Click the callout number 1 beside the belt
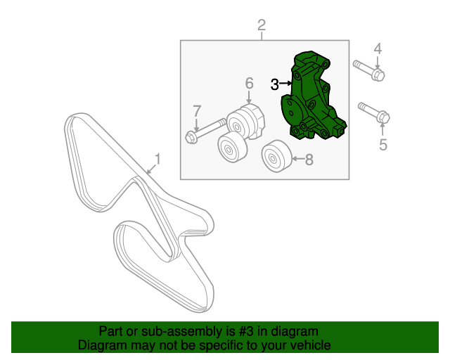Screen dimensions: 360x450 157,160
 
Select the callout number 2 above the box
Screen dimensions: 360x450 262,26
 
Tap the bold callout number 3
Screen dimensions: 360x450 274,84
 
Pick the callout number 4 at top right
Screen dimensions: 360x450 378,49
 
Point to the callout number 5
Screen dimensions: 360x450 383,145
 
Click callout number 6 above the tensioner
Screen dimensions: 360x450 249,84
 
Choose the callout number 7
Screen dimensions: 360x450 197,110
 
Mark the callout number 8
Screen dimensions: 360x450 309,160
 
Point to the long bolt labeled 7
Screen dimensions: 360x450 206,131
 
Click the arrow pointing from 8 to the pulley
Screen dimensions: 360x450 296,160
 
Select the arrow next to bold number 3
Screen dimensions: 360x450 286,84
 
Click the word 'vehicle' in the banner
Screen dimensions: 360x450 310,345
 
